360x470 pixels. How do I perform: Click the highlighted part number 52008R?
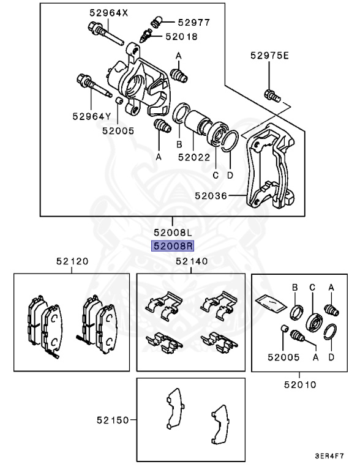[x=173, y=246]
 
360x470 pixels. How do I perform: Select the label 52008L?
[x=173, y=233]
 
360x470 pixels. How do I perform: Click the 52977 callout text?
[x=193, y=22]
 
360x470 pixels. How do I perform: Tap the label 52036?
[x=211, y=196]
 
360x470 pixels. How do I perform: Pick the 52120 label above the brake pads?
[x=72, y=261]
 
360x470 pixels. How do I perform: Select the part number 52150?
[x=113, y=420]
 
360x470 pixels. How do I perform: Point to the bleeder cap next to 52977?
[x=154, y=21]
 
